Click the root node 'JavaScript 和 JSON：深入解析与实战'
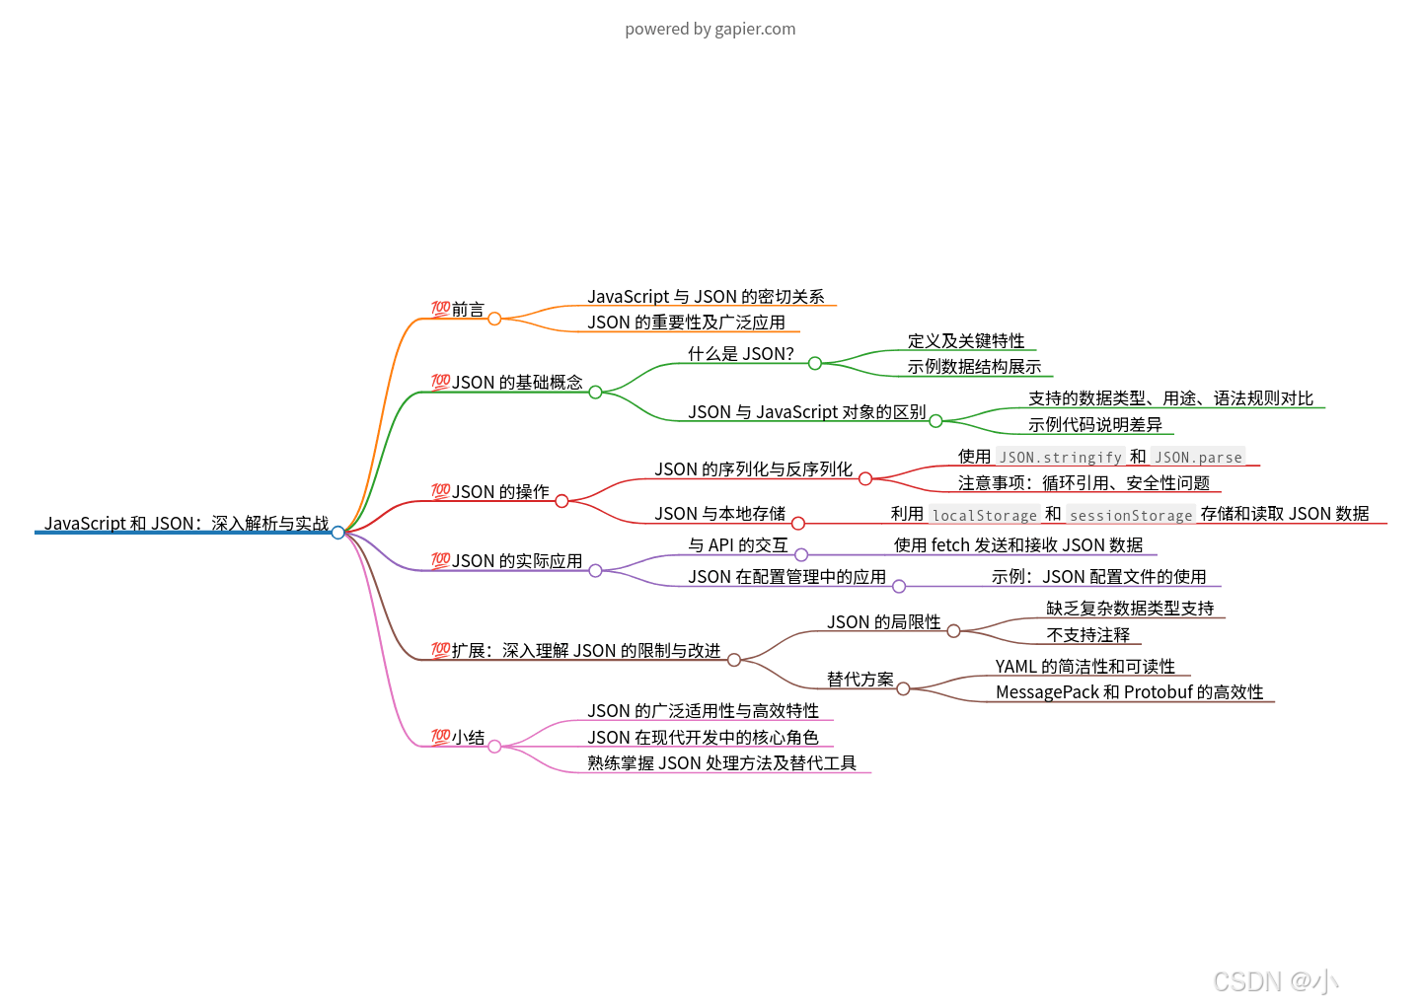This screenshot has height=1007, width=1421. [187, 523]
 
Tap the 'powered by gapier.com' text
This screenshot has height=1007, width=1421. [710, 29]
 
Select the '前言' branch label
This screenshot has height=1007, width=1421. [468, 310]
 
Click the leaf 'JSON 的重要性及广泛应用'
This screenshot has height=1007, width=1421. [686, 323]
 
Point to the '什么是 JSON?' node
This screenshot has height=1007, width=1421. [740, 354]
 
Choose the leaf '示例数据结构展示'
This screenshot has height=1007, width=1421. [974, 367]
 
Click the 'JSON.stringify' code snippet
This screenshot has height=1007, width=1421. [1060, 457]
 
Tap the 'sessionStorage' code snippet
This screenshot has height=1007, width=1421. [1131, 515]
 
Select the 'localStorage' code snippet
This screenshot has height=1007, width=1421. [984, 515]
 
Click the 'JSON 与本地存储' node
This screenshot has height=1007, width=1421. [719, 514]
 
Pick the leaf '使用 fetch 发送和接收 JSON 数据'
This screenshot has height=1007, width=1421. [1017, 545]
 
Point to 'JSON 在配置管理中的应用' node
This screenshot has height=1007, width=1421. [786, 577]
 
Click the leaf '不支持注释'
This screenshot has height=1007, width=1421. [1087, 635]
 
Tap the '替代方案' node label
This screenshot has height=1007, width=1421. [860, 680]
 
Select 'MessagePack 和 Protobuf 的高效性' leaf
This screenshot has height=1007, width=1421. [1129, 692]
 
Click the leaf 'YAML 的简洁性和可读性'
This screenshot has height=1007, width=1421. [1084, 667]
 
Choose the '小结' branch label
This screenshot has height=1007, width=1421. [468, 738]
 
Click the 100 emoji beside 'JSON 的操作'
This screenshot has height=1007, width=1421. [440, 491]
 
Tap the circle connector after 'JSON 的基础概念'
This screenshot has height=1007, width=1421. [595, 393]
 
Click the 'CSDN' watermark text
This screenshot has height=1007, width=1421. [1246, 981]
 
